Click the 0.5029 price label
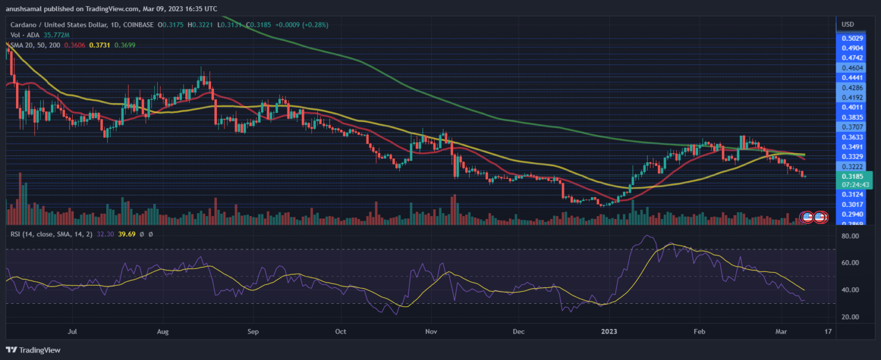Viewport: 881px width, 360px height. (x=852, y=38)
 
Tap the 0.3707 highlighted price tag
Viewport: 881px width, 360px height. (x=852, y=126)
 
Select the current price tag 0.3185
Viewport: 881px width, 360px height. (x=852, y=177)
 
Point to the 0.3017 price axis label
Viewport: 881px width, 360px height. (x=852, y=205)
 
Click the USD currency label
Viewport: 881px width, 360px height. (x=847, y=25)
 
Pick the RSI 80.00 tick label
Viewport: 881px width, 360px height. (x=851, y=236)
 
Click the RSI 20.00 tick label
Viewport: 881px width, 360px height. (x=851, y=317)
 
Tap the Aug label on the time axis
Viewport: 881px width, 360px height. (x=163, y=331)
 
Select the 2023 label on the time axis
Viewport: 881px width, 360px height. (x=608, y=331)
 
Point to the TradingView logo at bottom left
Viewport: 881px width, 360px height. (x=33, y=350)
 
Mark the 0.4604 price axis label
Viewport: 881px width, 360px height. (x=852, y=68)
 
